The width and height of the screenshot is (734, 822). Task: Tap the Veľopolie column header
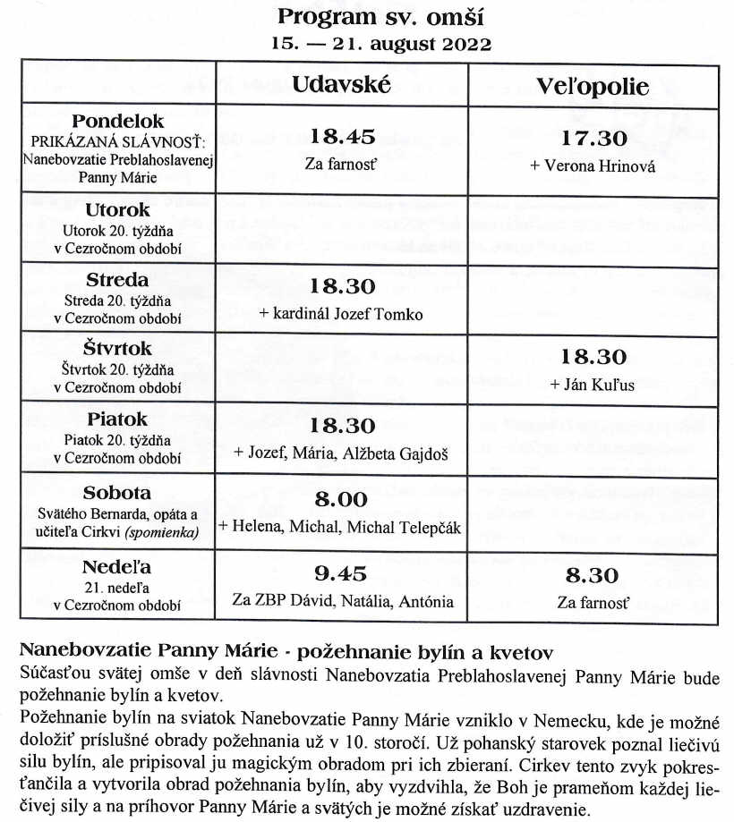point(593,86)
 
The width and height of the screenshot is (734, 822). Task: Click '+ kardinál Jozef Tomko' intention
point(341,314)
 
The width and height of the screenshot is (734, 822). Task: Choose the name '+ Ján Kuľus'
point(593,386)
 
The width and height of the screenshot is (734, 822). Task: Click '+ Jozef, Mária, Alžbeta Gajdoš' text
point(341,453)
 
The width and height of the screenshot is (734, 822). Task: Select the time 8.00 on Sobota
point(341,500)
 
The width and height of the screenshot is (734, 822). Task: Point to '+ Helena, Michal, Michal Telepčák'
point(339,528)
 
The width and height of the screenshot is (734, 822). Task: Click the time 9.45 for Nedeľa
point(341,573)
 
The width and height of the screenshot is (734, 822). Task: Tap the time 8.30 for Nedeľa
point(593,575)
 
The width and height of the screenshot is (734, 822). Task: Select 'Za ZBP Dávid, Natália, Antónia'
point(343,601)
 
